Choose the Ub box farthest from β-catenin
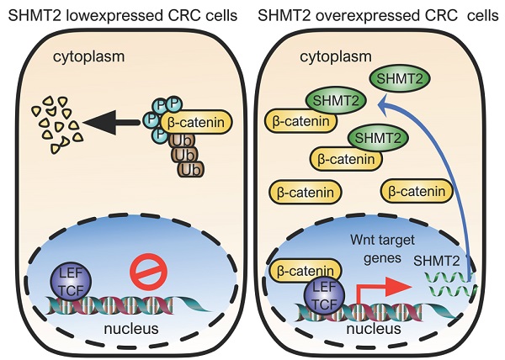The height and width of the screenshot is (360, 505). [191, 169]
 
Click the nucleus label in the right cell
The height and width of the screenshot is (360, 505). [373, 326]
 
